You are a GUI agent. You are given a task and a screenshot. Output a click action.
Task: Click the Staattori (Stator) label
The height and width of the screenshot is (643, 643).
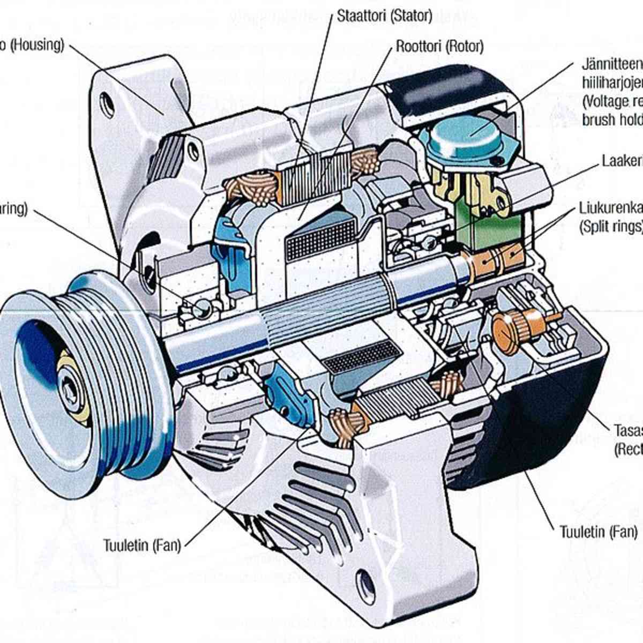[384, 16]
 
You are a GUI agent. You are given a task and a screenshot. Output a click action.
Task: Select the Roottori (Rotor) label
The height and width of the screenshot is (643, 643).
[439, 47]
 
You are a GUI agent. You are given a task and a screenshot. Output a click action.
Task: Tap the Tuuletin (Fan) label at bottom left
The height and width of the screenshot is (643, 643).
[142, 545]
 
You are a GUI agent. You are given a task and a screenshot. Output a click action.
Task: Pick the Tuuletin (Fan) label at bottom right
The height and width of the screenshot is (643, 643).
[599, 532]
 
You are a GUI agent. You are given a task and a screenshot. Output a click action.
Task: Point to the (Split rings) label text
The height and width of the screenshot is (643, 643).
[611, 227]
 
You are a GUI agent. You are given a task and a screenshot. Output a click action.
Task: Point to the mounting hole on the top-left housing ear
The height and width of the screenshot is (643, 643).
[107, 104]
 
